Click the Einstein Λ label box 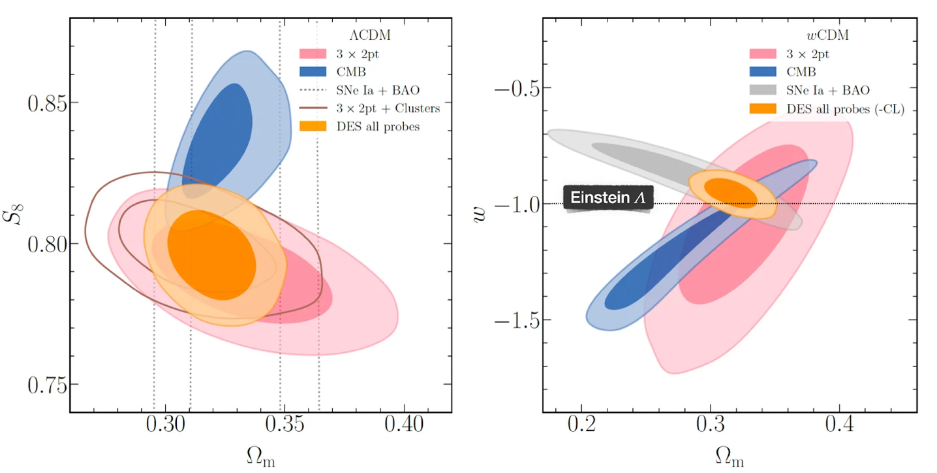(x=608, y=198)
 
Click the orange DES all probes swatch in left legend (x=313, y=126)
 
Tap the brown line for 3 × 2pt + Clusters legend (x=313, y=108)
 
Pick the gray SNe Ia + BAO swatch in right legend (x=762, y=91)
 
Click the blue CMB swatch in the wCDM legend (x=762, y=73)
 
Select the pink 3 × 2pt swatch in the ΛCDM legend (x=313, y=54)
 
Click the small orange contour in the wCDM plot (x=733, y=194)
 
